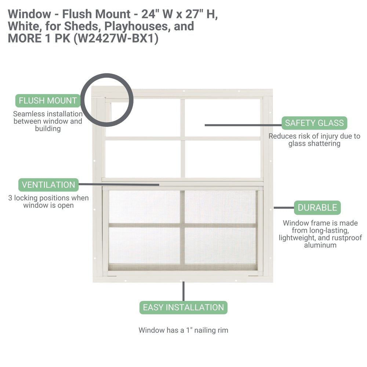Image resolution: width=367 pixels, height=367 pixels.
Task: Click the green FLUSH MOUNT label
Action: (48, 101)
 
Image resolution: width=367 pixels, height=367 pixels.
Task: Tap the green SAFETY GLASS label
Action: (314, 123)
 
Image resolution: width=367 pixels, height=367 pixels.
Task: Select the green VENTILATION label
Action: (48, 185)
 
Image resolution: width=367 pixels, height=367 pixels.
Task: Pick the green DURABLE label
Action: (317, 208)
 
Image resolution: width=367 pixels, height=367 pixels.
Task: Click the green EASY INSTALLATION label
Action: (183, 307)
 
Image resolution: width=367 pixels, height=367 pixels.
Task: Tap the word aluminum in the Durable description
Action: (320, 245)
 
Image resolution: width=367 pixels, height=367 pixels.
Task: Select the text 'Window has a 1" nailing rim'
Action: (183, 330)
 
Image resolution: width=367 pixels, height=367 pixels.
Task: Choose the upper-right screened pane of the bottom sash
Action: (220, 207)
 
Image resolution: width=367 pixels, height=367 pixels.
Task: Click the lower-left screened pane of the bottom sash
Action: (144, 245)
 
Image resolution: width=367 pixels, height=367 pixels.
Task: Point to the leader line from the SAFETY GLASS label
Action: (242, 125)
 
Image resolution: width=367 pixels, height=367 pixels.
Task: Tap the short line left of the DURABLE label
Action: (283, 208)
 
